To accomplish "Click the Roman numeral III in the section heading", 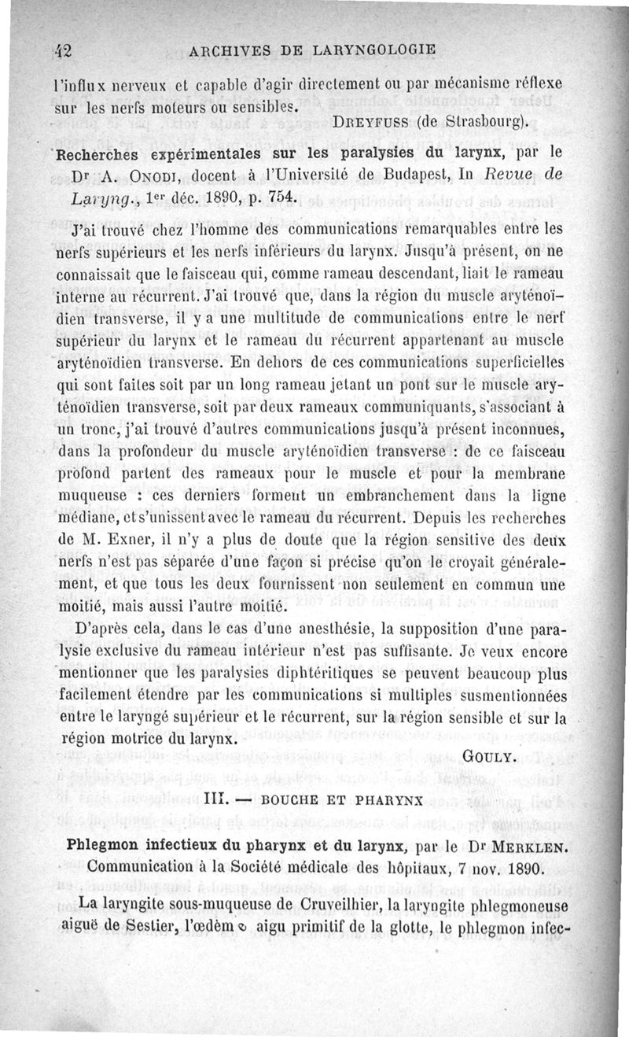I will tap(213, 800).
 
